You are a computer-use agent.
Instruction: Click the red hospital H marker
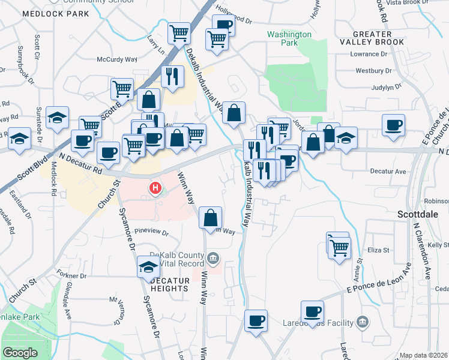tap(155, 189)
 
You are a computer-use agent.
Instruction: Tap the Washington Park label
tap(289, 38)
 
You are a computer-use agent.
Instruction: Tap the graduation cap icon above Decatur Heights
tap(148, 266)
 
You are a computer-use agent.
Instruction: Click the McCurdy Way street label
tap(118, 59)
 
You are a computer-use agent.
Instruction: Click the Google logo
tap(20, 353)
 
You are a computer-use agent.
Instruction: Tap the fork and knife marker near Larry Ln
tap(172, 76)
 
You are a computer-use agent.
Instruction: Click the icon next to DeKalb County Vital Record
tap(213, 259)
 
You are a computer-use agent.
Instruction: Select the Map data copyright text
tap(423, 355)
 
